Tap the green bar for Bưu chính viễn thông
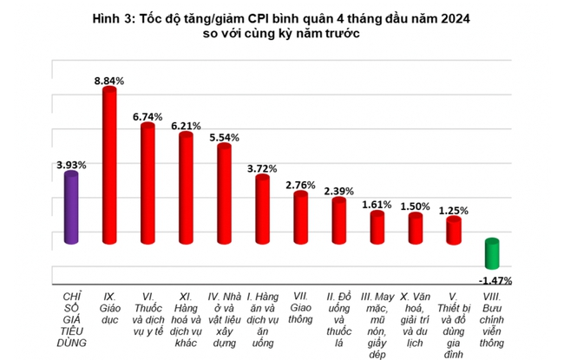point(491,253)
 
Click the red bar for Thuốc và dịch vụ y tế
point(148,195)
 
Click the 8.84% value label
point(109,80)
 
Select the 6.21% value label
point(186,126)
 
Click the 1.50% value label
point(415,206)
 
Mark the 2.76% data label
point(300,185)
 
